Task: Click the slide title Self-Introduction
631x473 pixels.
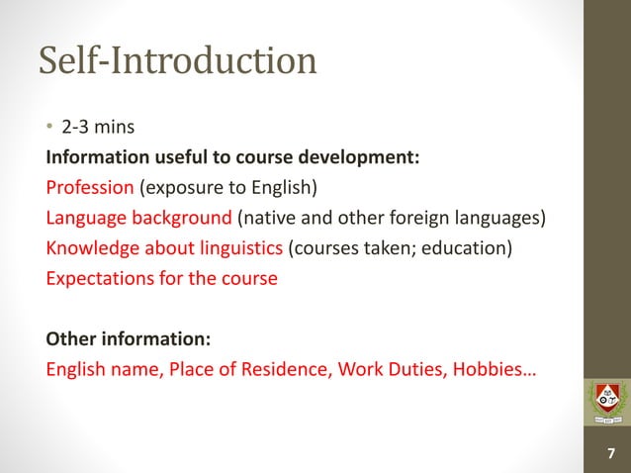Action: coord(178,61)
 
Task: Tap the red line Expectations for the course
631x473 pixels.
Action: coord(162,278)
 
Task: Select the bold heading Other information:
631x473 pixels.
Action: coord(128,339)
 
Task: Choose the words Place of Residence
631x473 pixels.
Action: coord(249,370)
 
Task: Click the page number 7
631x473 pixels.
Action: coord(608,453)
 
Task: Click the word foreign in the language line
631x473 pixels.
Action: coord(416,217)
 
